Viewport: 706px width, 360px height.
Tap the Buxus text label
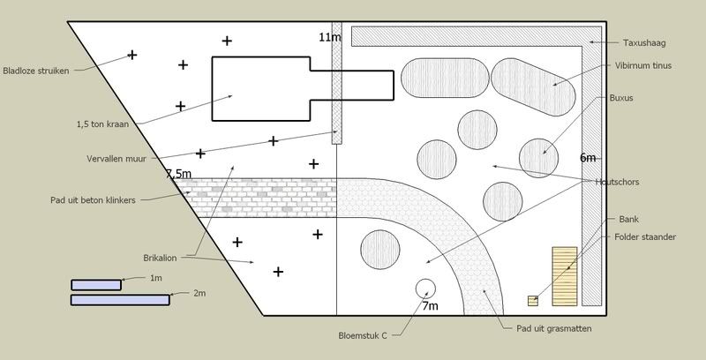pos(621,98)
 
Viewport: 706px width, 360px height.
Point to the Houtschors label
pos(617,182)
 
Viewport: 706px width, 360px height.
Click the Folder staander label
pos(645,236)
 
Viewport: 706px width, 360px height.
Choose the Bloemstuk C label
pos(364,335)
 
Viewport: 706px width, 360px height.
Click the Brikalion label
pos(161,258)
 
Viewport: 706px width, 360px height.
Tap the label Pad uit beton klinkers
pos(93,200)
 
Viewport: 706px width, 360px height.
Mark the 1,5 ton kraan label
pos(103,124)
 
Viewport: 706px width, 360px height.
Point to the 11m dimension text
pos(329,37)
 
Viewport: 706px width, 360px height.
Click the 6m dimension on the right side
pos(588,158)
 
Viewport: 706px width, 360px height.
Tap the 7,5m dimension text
pos(178,175)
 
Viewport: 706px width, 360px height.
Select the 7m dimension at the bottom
pos(430,306)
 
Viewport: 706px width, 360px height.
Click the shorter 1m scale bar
pos(95,284)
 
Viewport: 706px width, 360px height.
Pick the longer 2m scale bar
pos(119,300)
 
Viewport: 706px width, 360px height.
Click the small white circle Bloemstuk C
pos(424,289)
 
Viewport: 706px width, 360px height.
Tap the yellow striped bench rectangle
pos(564,275)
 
